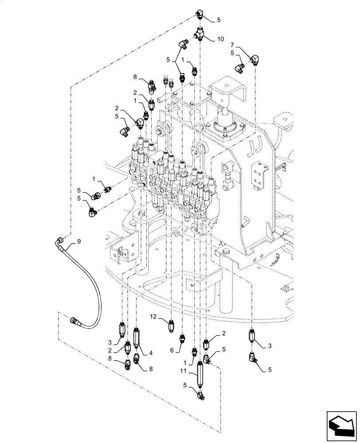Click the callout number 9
click(x=79, y=241)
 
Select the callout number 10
click(x=220, y=39)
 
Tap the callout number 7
click(x=232, y=45)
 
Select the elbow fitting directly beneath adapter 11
click(x=200, y=393)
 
